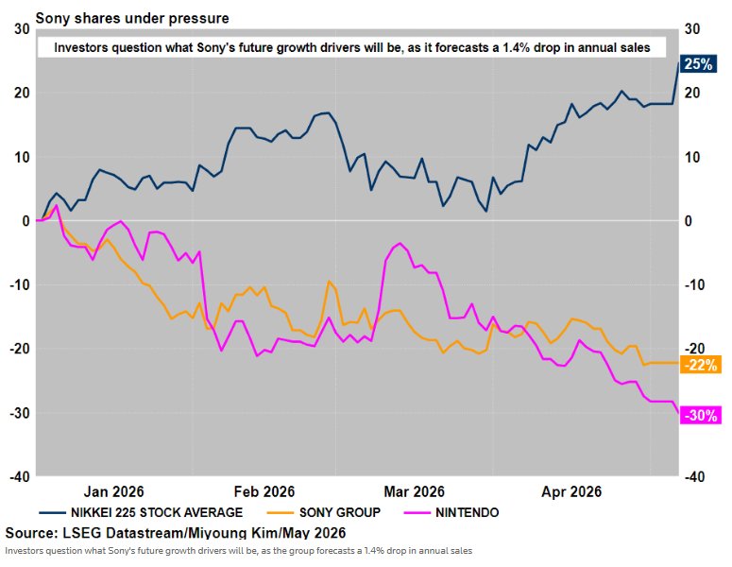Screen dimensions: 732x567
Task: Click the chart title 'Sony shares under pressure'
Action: pos(132,18)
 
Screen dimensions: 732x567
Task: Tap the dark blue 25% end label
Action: pos(698,63)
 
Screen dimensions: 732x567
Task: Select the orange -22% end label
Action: pos(700,365)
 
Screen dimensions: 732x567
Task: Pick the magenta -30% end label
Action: pos(700,415)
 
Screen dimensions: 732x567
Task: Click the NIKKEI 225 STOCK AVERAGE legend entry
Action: pos(141,512)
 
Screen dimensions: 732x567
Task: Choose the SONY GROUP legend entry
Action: pos(324,512)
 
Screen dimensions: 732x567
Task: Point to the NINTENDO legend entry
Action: pos(451,512)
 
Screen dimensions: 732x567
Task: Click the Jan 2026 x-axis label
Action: pos(114,491)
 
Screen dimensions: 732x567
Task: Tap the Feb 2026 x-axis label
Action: pos(264,491)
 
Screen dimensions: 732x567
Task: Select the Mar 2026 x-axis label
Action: pos(414,491)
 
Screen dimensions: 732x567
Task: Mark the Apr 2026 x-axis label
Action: pos(571,491)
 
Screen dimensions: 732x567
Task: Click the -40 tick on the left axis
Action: pos(20,477)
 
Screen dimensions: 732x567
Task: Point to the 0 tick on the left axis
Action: pos(26,221)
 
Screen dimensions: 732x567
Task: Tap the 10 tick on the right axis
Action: pos(692,157)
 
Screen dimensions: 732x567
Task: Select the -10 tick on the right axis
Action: pos(694,284)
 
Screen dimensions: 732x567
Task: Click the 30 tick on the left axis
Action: pos(22,29)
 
